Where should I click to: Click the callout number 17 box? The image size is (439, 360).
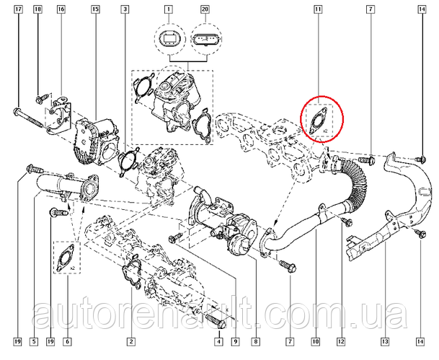(x=18, y=9)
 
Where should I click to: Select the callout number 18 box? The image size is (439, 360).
(x=37, y=9)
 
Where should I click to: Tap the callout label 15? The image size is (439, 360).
(x=95, y=9)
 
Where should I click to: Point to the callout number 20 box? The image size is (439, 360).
(x=205, y=9)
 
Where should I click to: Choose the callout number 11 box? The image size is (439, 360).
(x=317, y=9)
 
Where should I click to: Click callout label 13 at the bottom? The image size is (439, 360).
(x=385, y=341)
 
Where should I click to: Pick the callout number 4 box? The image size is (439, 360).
(x=219, y=341)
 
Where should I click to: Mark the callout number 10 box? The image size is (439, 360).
(x=315, y=341)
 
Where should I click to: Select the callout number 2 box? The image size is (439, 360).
(x=131, y=341)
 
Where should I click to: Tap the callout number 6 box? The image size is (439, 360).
(x=67, y=341)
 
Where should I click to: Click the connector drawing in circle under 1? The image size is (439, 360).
(x=169, y=38)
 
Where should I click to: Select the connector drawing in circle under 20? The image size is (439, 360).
(x=205, y=38)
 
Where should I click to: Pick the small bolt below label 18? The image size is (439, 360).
(x=41, y=98)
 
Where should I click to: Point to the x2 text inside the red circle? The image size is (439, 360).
(x=326, y=131)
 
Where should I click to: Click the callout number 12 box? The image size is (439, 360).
(x=341, y=341)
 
